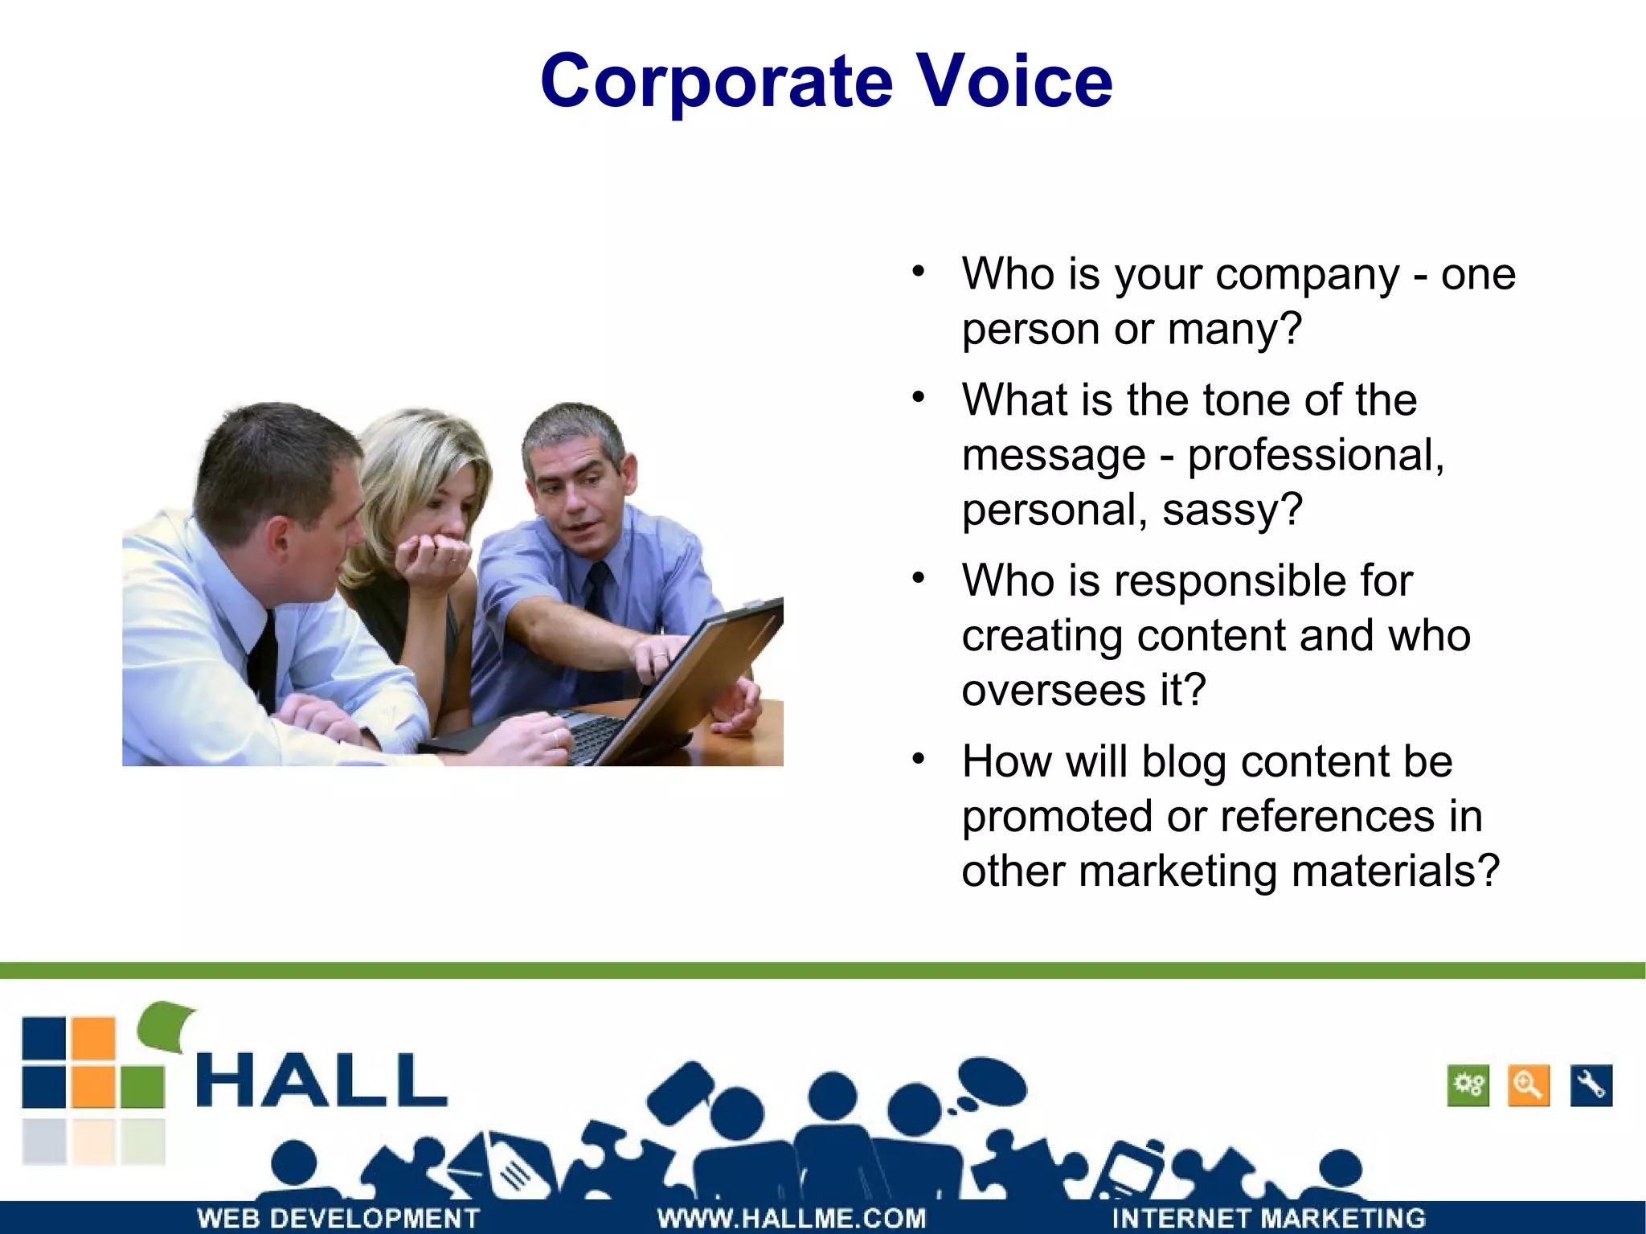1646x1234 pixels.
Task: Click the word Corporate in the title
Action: point(716,82)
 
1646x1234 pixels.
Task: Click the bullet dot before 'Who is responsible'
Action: point(919,578)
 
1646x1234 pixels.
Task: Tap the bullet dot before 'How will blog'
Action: point(919,759)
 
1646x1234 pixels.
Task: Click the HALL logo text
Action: point(321,1080)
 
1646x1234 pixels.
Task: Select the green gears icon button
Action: point(1468,1086)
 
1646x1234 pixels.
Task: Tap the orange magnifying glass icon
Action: point(1528,1086)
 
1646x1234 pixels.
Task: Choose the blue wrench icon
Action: point(1591,1086)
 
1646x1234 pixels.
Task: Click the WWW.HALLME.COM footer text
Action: point(792,1218)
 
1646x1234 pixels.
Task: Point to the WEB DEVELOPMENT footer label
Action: point(338,1218)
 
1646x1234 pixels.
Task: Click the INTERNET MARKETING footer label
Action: point(1268,1218)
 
